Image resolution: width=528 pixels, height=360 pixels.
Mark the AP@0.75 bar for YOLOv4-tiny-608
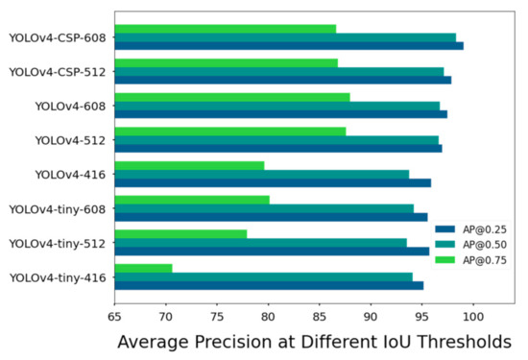[x=191, y=200]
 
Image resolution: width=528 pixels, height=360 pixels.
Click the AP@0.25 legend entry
[x=476, y=229]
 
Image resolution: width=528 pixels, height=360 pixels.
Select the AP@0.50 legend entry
[x=476, y=245]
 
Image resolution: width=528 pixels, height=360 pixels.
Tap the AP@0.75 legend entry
[x=476, y=260]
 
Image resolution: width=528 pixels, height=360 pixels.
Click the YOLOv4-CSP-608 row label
[x=57, y=38]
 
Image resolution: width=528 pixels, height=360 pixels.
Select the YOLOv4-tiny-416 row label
[x=57, y=278]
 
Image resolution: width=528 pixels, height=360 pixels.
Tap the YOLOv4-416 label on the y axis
[x=70, y=175]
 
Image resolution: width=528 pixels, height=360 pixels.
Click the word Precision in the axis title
[x=230, y=343]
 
